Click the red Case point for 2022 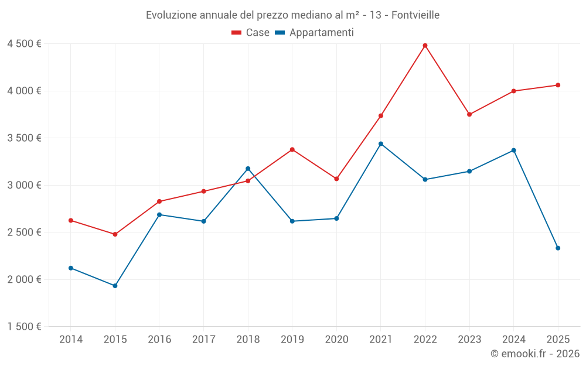coord(425,46)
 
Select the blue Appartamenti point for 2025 coord(558,248)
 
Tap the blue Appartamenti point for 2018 coord(248,169)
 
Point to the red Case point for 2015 coord(115,234)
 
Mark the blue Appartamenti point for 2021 coord(381,144)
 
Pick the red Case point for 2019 coord(292,150)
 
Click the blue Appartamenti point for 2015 coord(115,286)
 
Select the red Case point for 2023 coord(469,115)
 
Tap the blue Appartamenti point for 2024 coord(514,150)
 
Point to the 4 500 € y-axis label coord(24,44)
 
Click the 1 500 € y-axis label coord(24,327)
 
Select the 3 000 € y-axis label coord(24,186)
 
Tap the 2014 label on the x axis coord(71,339)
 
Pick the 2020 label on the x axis coord(336,339)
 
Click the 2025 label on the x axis coord(558,339)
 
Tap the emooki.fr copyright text coord(534,354)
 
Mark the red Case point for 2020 coord(336,179)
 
